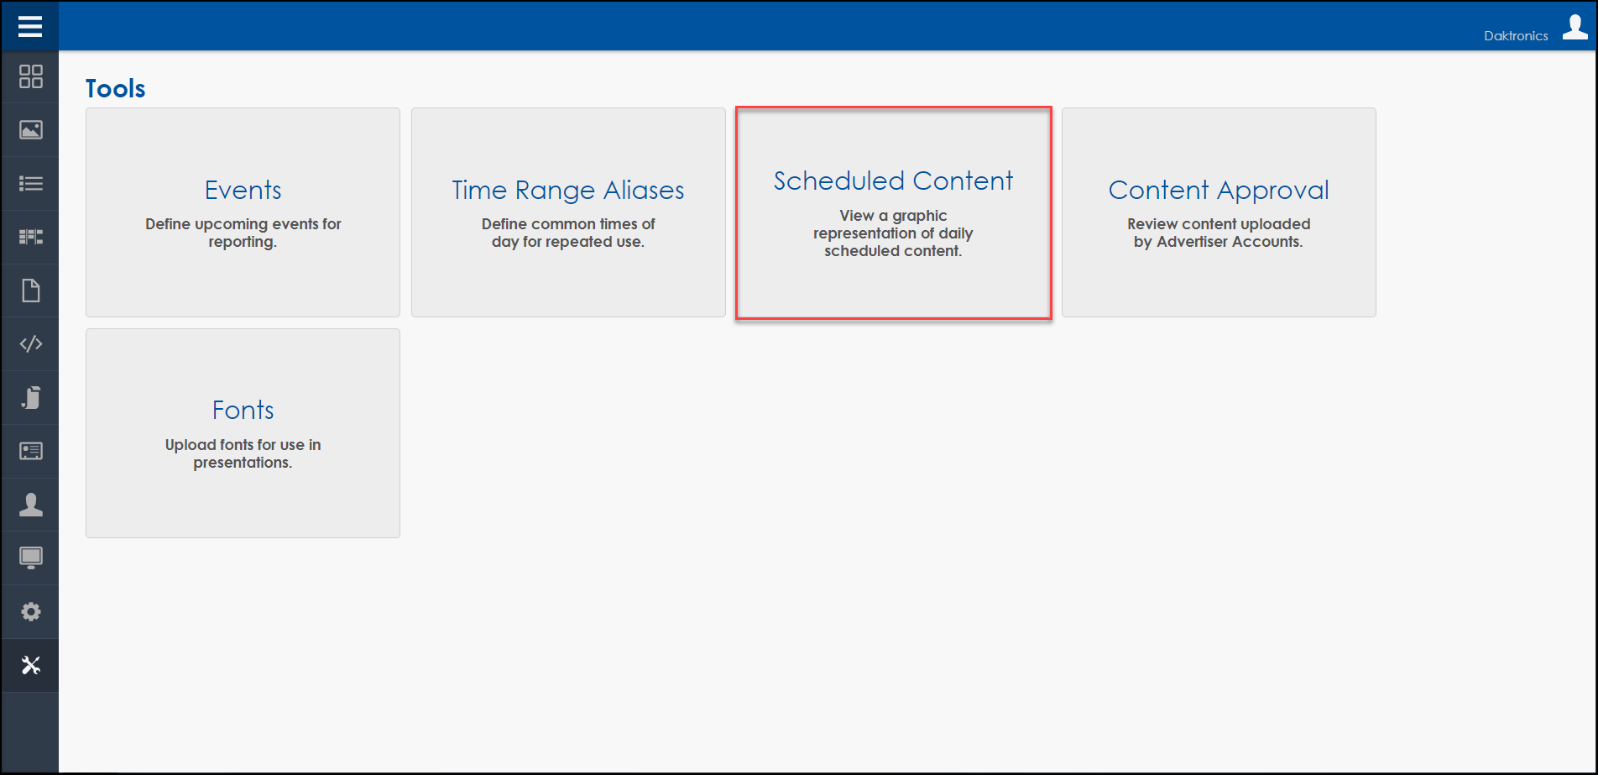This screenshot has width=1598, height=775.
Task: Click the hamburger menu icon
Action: coord(30,27)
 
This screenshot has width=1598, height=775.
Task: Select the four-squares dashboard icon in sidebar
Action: coord(31,76)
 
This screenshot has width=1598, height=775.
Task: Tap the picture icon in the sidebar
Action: coord(31,130)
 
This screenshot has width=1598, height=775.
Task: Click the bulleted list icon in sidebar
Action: coord(31,183)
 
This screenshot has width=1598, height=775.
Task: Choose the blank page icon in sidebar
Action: coord(31,291)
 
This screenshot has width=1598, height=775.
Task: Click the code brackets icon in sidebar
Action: coord(31,343)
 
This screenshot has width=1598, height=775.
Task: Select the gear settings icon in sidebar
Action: coord(31,611)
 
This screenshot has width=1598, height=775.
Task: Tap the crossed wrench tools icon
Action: coord(31,665)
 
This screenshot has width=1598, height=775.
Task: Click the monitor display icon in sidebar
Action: coord(31,558)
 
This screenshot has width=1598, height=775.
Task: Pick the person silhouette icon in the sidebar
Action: coord(31,505)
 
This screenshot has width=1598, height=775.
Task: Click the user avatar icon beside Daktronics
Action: coord(1575,27)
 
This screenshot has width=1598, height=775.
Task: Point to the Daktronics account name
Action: coord(1516,35)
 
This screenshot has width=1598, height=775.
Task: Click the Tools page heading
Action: coord(116,88)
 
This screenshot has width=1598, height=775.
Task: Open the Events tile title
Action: coord(243,190)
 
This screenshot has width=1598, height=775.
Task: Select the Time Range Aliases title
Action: coord(568,191)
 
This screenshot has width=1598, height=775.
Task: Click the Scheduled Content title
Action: coord(893,181)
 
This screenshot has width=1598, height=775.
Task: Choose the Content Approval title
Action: coord(1219,191)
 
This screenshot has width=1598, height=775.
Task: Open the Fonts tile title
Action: coord(243,410)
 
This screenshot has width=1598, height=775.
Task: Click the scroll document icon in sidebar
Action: coord(31,397)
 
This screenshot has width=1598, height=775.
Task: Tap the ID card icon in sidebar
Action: coord(31,451)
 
